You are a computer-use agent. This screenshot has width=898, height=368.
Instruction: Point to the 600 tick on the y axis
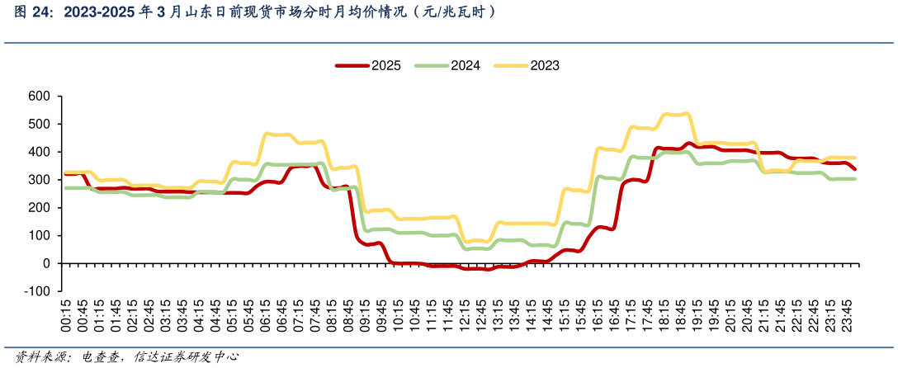40,97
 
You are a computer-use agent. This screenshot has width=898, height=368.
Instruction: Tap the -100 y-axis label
38,291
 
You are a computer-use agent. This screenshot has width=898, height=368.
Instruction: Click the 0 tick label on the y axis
46,263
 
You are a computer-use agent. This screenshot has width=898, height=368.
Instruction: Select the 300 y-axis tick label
40,180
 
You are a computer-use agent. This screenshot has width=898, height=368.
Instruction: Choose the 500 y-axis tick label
40,125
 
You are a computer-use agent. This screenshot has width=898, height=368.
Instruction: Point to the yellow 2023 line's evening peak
685,114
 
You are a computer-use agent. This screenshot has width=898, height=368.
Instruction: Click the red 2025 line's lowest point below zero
487,269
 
